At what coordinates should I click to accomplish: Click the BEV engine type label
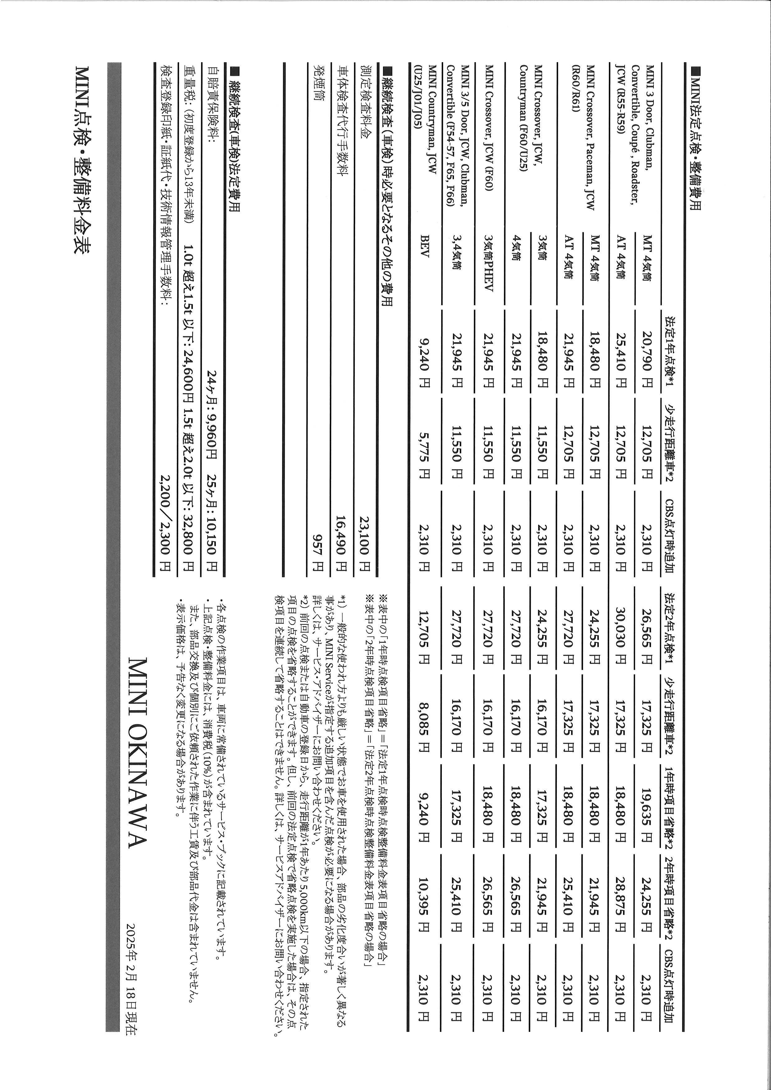click(x=424, y=259)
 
